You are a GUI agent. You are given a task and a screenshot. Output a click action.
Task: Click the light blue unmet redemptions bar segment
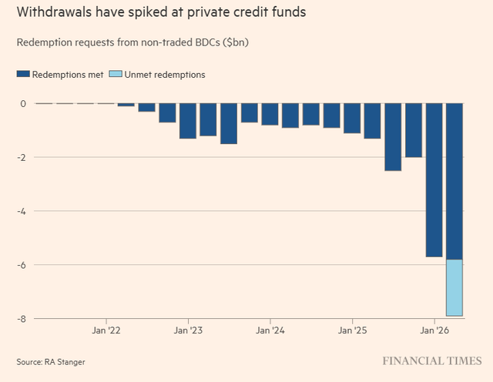454,287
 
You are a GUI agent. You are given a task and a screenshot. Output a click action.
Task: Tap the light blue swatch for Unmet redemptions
117,75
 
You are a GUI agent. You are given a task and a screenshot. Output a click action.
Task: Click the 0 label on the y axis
23,104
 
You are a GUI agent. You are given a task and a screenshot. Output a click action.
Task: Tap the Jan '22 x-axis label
106,331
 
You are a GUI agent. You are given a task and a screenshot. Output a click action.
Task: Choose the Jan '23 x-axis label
187,331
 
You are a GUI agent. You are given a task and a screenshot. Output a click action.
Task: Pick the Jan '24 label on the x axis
270,331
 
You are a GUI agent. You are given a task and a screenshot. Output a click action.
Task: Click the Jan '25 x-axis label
352,331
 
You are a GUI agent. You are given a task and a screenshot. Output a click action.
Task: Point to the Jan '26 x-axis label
434,331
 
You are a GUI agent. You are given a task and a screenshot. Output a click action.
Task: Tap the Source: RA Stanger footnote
49,361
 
